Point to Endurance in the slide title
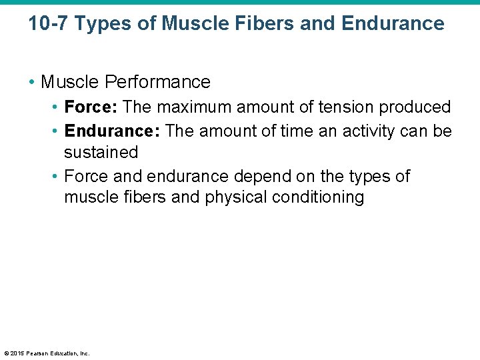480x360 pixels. tap(393, 24)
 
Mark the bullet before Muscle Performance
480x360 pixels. tap(32, 83)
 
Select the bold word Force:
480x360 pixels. tap(91, 107)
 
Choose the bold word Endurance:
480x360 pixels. tap(112, 131)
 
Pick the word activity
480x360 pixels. tap(369, 131)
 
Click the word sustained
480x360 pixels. tap(101, 153)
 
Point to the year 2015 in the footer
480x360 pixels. tap(19, 353)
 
